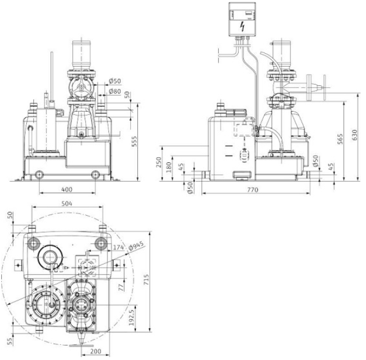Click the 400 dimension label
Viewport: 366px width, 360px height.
click(x=67, y=189)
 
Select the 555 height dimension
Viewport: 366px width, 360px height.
click(x=134, y=141)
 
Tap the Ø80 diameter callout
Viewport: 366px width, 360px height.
click(x=115, y=91)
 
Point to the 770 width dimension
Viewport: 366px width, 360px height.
click(x=253, y=189)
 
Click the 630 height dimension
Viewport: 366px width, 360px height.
click(x=354, y=135)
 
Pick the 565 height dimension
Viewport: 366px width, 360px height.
click(x=340, y=139)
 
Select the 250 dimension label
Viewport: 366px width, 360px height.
click(x=159, y=162)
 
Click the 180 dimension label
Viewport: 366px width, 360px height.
click(x=169, y=167)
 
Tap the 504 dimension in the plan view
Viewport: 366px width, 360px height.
click(x=67, y=203)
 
